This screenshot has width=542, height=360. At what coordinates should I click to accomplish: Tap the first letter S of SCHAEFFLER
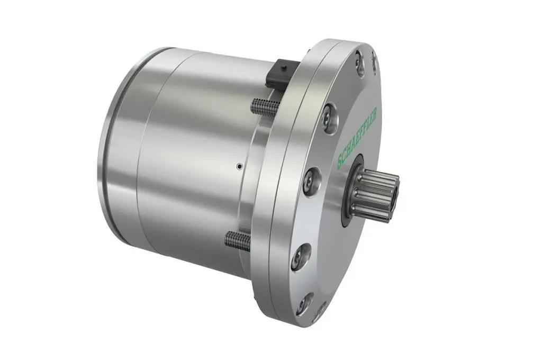340,164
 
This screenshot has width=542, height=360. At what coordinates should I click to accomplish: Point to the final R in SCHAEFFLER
375,112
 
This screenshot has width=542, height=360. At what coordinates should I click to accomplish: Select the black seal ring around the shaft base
351,190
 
